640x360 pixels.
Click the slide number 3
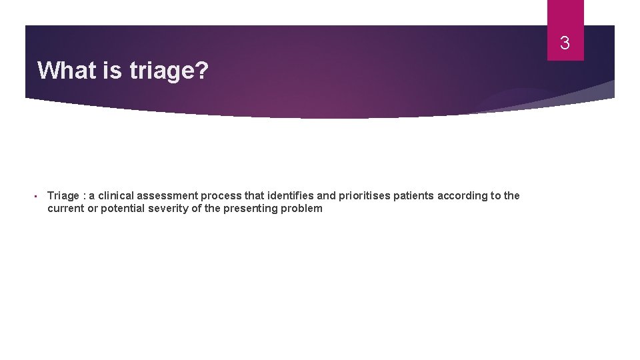click(565, 44)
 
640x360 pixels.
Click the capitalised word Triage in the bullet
click(63, 195)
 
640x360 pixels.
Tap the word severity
click(170, 208)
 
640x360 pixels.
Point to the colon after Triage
click(84, 196)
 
